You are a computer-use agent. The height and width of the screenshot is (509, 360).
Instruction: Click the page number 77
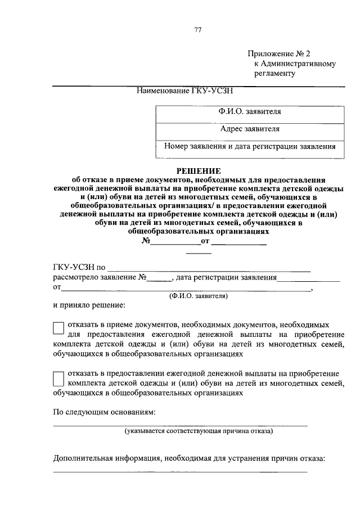coord(197,30)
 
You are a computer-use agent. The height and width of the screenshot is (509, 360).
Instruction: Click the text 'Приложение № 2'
coord(279,54)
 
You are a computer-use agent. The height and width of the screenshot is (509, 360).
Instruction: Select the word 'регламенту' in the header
coord(274,73)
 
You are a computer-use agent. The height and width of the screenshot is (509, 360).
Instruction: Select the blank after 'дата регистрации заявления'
coord(309,278)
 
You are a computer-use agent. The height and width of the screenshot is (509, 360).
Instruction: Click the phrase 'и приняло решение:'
coord(89,307)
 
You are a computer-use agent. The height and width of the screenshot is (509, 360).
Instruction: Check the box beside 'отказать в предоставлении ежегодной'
coord(58,378)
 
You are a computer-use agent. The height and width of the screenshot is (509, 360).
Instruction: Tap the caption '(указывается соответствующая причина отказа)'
coord(199,431)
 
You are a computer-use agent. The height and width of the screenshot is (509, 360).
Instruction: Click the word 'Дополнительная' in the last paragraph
coord(81,458)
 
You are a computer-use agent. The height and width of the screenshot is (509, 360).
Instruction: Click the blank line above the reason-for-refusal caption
coord(180,424)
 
